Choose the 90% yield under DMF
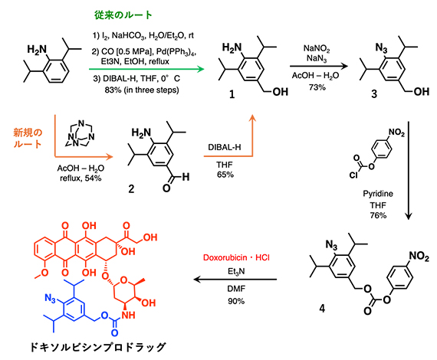tap(235, 301)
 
